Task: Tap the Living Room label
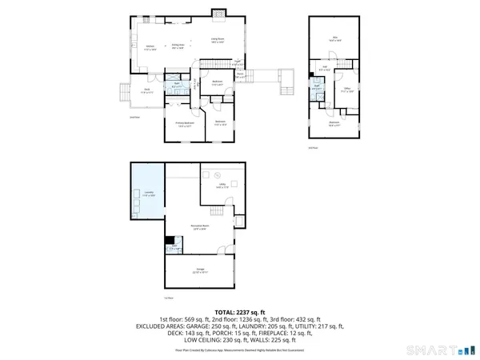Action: pos(217,39)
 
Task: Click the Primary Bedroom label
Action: pos(184,124)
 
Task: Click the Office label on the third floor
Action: pos(347,90)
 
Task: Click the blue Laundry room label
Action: pos(150,194)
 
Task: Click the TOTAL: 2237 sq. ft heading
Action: pos(240,312)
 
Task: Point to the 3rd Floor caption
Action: pos(312,148)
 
